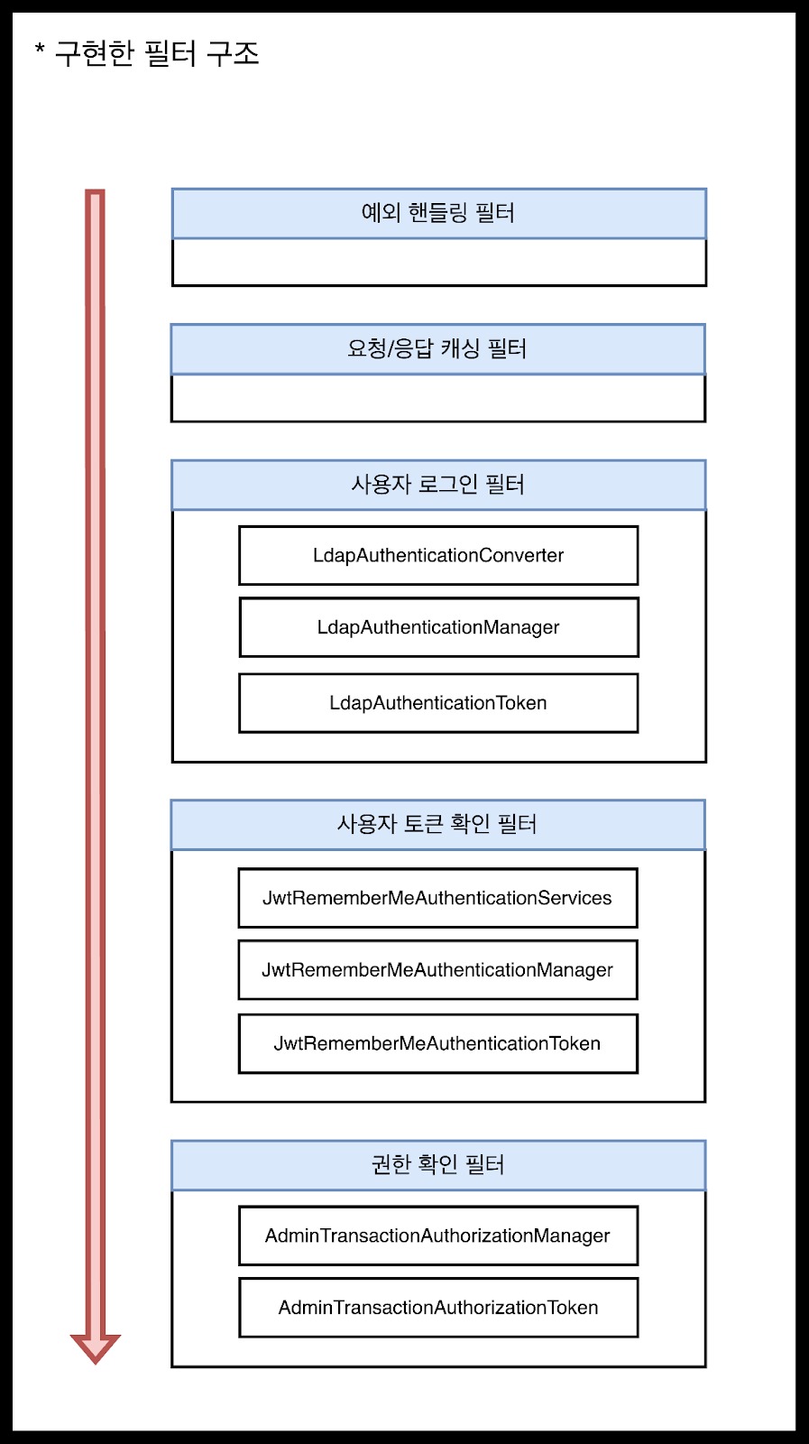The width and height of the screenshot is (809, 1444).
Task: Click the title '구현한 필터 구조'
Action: click(157, 53)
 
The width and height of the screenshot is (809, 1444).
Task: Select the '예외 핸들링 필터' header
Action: click(438, 213)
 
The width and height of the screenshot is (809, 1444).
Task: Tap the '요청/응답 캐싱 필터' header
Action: click(438, 349)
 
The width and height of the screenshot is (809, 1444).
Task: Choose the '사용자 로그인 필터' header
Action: click(438, 485)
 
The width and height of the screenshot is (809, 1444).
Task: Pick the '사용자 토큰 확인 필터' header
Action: click(438, 825)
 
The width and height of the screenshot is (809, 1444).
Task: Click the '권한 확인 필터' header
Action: click(438, 1165)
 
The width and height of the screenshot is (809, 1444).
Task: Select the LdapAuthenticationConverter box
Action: click(438, 556)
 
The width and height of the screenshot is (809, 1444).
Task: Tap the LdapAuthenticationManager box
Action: click(438, 627)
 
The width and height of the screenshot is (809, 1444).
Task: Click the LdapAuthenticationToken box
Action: click(438, 703)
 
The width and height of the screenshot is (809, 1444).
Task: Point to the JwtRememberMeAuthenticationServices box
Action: click(438, 898)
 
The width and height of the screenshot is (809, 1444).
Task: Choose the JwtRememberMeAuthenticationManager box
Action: click(438, 970)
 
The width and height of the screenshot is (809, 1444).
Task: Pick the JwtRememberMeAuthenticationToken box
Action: click(438, 1043)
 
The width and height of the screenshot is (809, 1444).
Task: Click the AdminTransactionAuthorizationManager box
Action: click(438, 1236)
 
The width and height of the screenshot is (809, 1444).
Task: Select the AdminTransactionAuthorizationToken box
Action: click(438, 1308)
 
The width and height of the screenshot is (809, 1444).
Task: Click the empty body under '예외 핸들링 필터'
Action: click(439, 263)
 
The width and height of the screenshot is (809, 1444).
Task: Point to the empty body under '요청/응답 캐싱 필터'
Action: click(438, 398)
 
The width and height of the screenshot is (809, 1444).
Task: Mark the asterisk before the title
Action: click(40, 47)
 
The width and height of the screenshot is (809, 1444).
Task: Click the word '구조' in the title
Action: click(233, 53)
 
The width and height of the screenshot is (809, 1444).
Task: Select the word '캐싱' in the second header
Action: click(460, 349)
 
